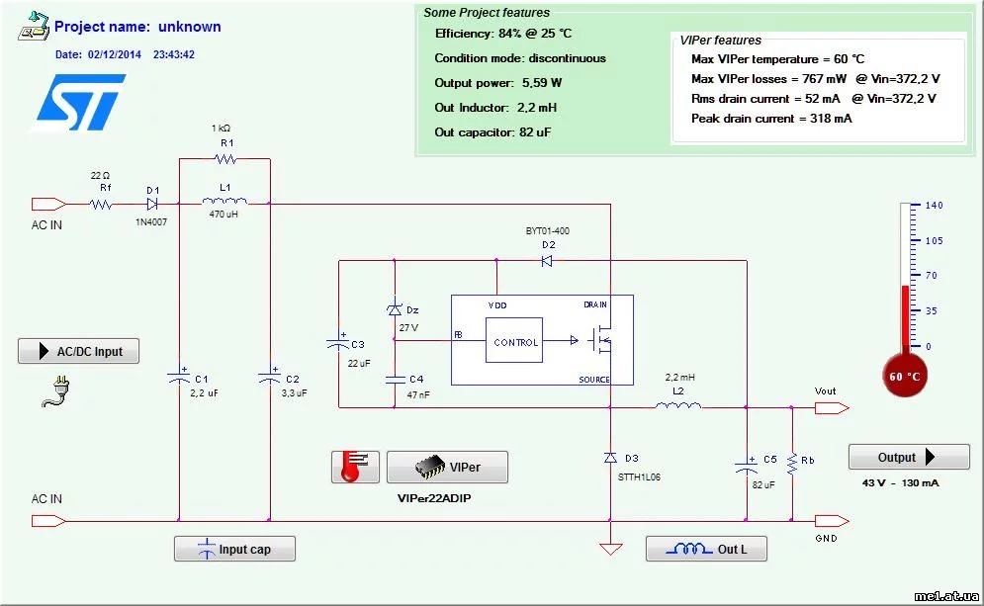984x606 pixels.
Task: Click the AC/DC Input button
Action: [x=78, y=351]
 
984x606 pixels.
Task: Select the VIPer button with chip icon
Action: [x=447, y=467]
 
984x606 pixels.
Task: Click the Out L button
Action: [x=706, y=549]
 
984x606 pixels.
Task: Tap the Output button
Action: [x=909, y=458]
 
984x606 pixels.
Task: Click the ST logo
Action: [x=81, y=102]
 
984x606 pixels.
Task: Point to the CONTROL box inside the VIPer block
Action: [x=514, y=342]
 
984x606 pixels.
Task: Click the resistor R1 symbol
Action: [x=225, y=158]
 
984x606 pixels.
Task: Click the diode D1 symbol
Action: [x=152, y=205]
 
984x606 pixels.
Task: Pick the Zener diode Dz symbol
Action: [x=394, y=310]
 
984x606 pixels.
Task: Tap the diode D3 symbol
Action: [x=611, y=458]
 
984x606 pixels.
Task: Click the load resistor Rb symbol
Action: [x=792, y=462]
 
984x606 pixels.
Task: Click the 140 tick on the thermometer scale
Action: [x=934, y=206]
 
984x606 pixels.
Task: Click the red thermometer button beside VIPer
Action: [x=355, y=467]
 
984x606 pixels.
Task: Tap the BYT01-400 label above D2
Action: [x=547, y=230]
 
